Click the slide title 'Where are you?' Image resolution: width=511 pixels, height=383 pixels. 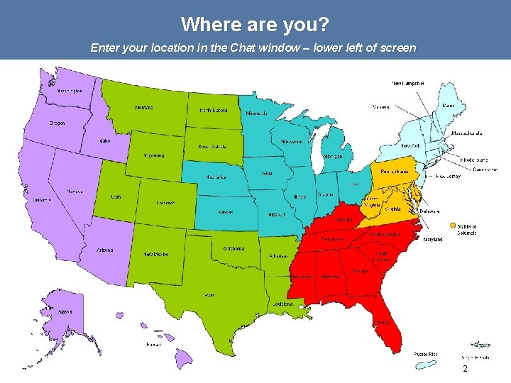pos(255,25)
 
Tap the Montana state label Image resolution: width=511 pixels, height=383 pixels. pos(144,108)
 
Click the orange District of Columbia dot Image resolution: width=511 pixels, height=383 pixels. pos(453,226)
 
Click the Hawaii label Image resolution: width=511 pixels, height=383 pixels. pos(153,345)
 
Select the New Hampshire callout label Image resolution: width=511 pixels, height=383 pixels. pos(408,83)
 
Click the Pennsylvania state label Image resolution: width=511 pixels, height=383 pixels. pos(395,172)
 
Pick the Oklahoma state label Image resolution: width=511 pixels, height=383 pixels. pos(233,248)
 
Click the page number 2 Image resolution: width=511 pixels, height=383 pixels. pos(465,370)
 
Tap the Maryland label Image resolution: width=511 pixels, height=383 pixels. pos(433,240)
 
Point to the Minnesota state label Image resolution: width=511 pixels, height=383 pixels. pos(257,113)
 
